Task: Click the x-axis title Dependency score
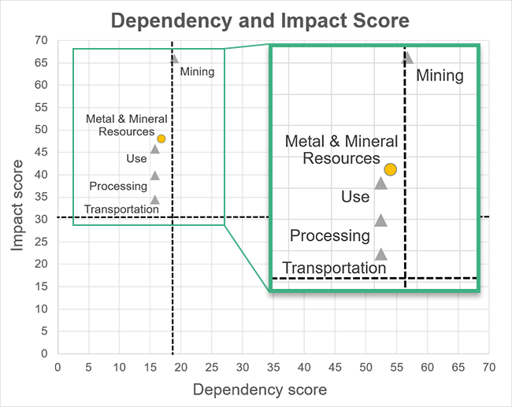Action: (259, 390)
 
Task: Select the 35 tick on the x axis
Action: (273, 367)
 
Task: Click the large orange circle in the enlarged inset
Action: (390, 169)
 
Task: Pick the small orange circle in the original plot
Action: (161, 139)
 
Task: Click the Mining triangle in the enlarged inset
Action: (407, 57)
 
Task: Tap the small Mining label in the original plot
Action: (197, 72)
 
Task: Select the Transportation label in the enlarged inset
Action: (334, 268)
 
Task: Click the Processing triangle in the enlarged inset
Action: (380, 221)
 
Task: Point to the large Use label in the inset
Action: (355, 197)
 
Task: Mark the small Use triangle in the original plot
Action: (154, 149)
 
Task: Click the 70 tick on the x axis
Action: (489, 367)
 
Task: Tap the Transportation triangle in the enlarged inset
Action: (380, 254)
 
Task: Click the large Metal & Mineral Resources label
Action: (341, 150)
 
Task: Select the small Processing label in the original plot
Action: (118, 187)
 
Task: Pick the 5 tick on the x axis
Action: (88, 367)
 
